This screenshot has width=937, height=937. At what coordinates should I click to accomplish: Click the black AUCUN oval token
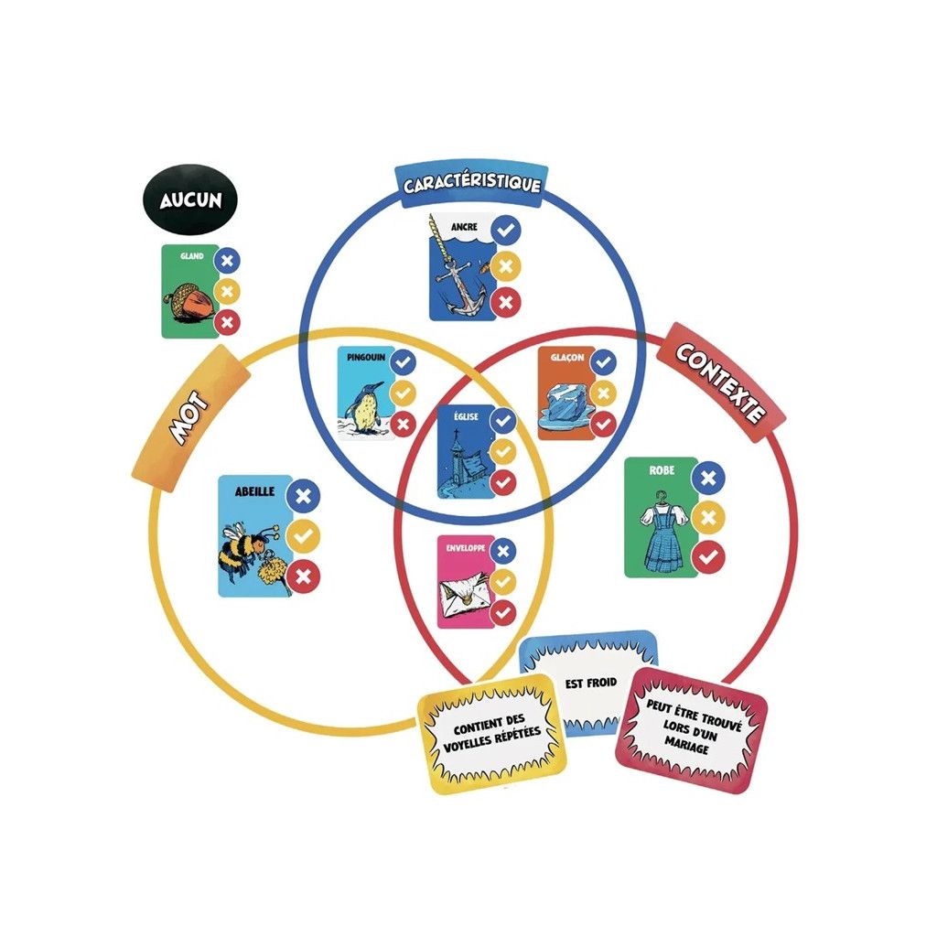point(190,199)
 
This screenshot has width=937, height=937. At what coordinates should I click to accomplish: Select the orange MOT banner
point(190,418)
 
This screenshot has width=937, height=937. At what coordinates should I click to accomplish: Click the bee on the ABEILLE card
point(245,549)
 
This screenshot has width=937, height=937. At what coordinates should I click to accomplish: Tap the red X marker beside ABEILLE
point(304,576)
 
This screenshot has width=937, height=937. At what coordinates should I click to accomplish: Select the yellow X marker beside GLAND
point(228,292)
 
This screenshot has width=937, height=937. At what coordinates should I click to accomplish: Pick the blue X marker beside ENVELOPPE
point(503,550)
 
